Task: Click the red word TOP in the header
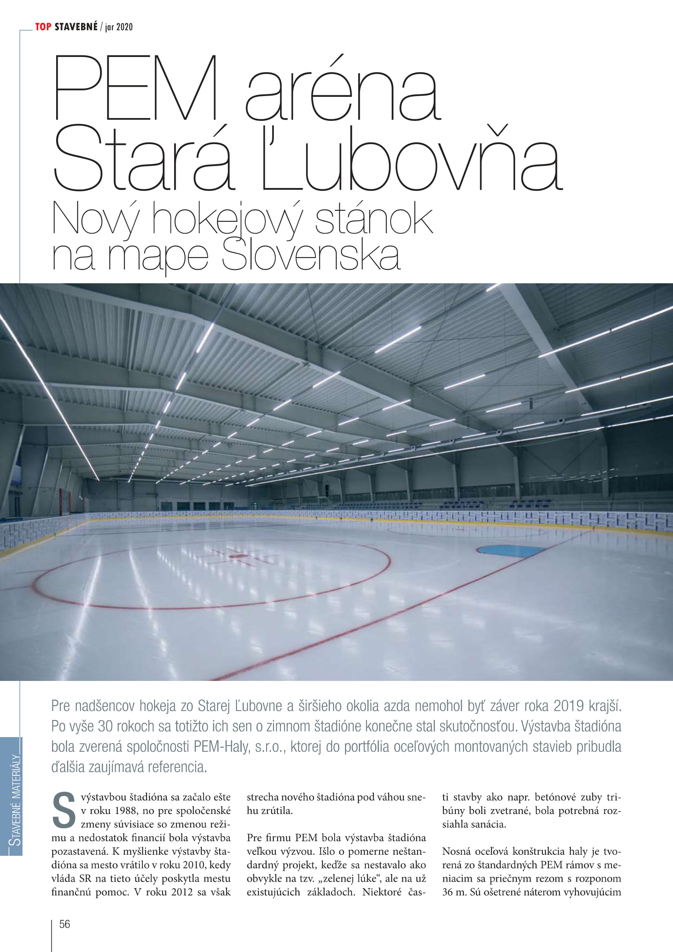coord(43,27)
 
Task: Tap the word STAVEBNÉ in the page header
coord(76,27)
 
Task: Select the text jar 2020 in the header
coord(119,27)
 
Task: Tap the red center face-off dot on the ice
coord(236,556)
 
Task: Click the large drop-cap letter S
coord(64,809)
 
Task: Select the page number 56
coord(65,924)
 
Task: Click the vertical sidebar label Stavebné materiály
coord(15,800)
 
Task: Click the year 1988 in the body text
coord(126,811)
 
